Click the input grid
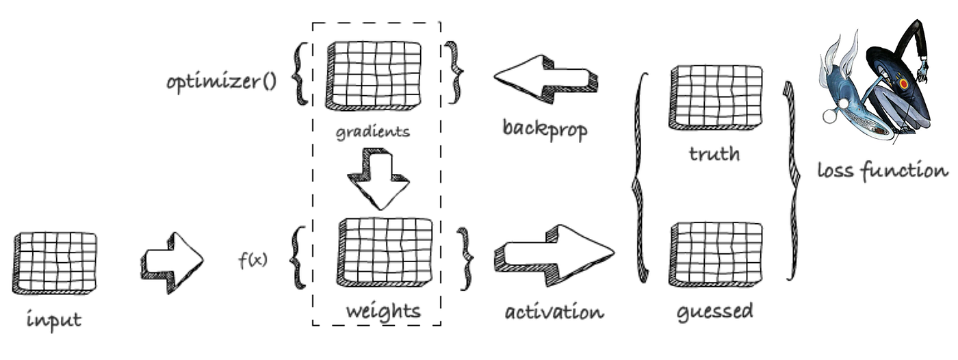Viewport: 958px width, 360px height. tap(55, 262)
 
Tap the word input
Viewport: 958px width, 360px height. tap(55, 320)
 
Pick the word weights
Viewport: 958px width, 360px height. tap(383, 311)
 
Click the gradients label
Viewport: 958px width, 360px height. tap(373, 131)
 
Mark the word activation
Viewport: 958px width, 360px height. tap(554, 312)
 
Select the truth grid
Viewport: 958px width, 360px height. tap(715, 97)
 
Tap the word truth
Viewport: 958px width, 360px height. tap(714, 153)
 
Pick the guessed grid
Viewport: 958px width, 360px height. tap(715, 253)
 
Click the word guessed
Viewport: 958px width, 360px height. tap(714, 312)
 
